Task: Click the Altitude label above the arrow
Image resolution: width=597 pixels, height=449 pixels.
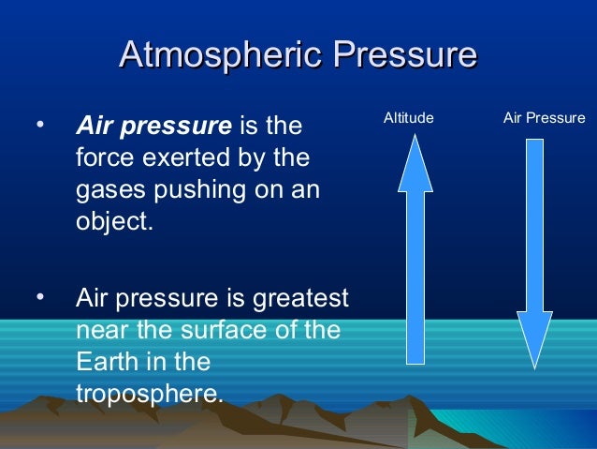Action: pyautogui.click(x=409, y=118)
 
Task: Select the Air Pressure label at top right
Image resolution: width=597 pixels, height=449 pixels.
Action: pyautogui.click(x=544, y=118)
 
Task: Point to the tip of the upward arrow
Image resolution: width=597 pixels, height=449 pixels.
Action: pyautogui.click(x=415, y=139)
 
